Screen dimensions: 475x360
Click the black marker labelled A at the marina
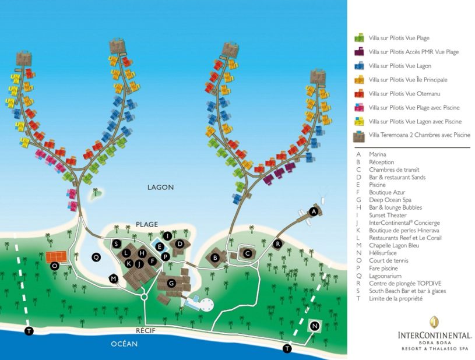314,211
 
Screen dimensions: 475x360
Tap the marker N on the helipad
315,326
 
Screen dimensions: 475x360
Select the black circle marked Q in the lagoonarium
96,257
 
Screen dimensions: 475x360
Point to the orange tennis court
57,257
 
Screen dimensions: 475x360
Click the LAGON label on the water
160,188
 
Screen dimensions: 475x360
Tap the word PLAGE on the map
147,224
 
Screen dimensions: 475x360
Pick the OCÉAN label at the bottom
124,344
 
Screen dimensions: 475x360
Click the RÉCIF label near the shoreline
146,331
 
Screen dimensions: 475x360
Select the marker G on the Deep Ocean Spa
171,283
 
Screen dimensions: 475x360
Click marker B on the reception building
215,258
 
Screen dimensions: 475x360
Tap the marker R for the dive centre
277,243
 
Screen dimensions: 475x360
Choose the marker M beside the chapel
114,278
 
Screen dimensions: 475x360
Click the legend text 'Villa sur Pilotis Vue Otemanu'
404,94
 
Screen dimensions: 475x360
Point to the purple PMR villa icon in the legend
359,51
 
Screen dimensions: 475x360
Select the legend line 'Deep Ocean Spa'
390,200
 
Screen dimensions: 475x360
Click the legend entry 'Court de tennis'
388,260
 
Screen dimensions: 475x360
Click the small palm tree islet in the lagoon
96,194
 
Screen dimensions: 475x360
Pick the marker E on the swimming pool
160,247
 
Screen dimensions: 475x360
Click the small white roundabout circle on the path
144,297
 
